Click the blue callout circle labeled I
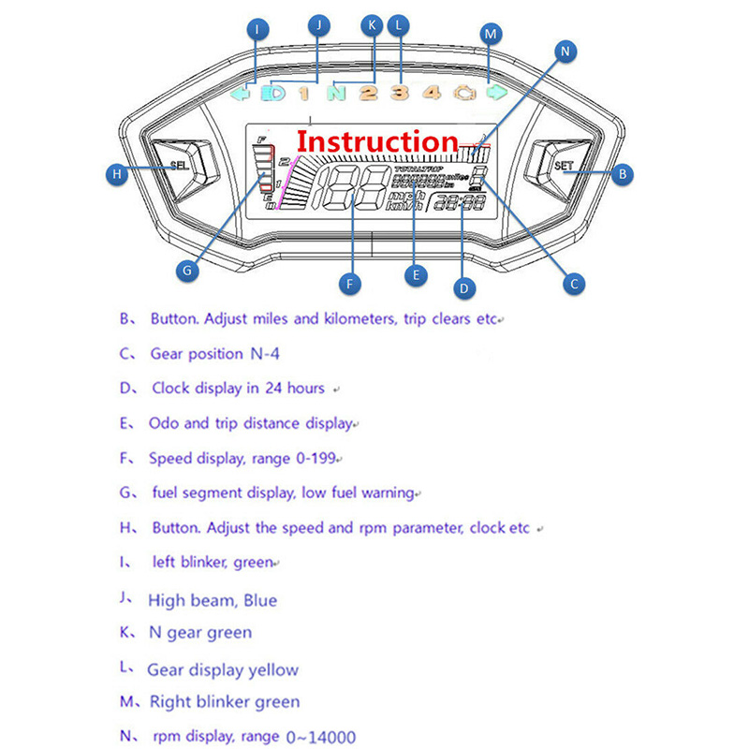pyautogui.click(x=257, y=30)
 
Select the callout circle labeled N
pyautogui.click(x=565, y=52)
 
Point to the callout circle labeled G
pyautogui.click(x=187, y=270)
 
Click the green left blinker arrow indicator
pyautogui.click(x=241, y=93)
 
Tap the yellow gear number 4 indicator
pyautogui.click(x=431, y=92)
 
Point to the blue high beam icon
pyautogui.click(x=273, y=93)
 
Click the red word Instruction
pyautogui.click(x=377, y=141)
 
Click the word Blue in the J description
pyautogui.click(x=259, y=600)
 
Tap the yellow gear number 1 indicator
pyautogui.click(x=303, y=93)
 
